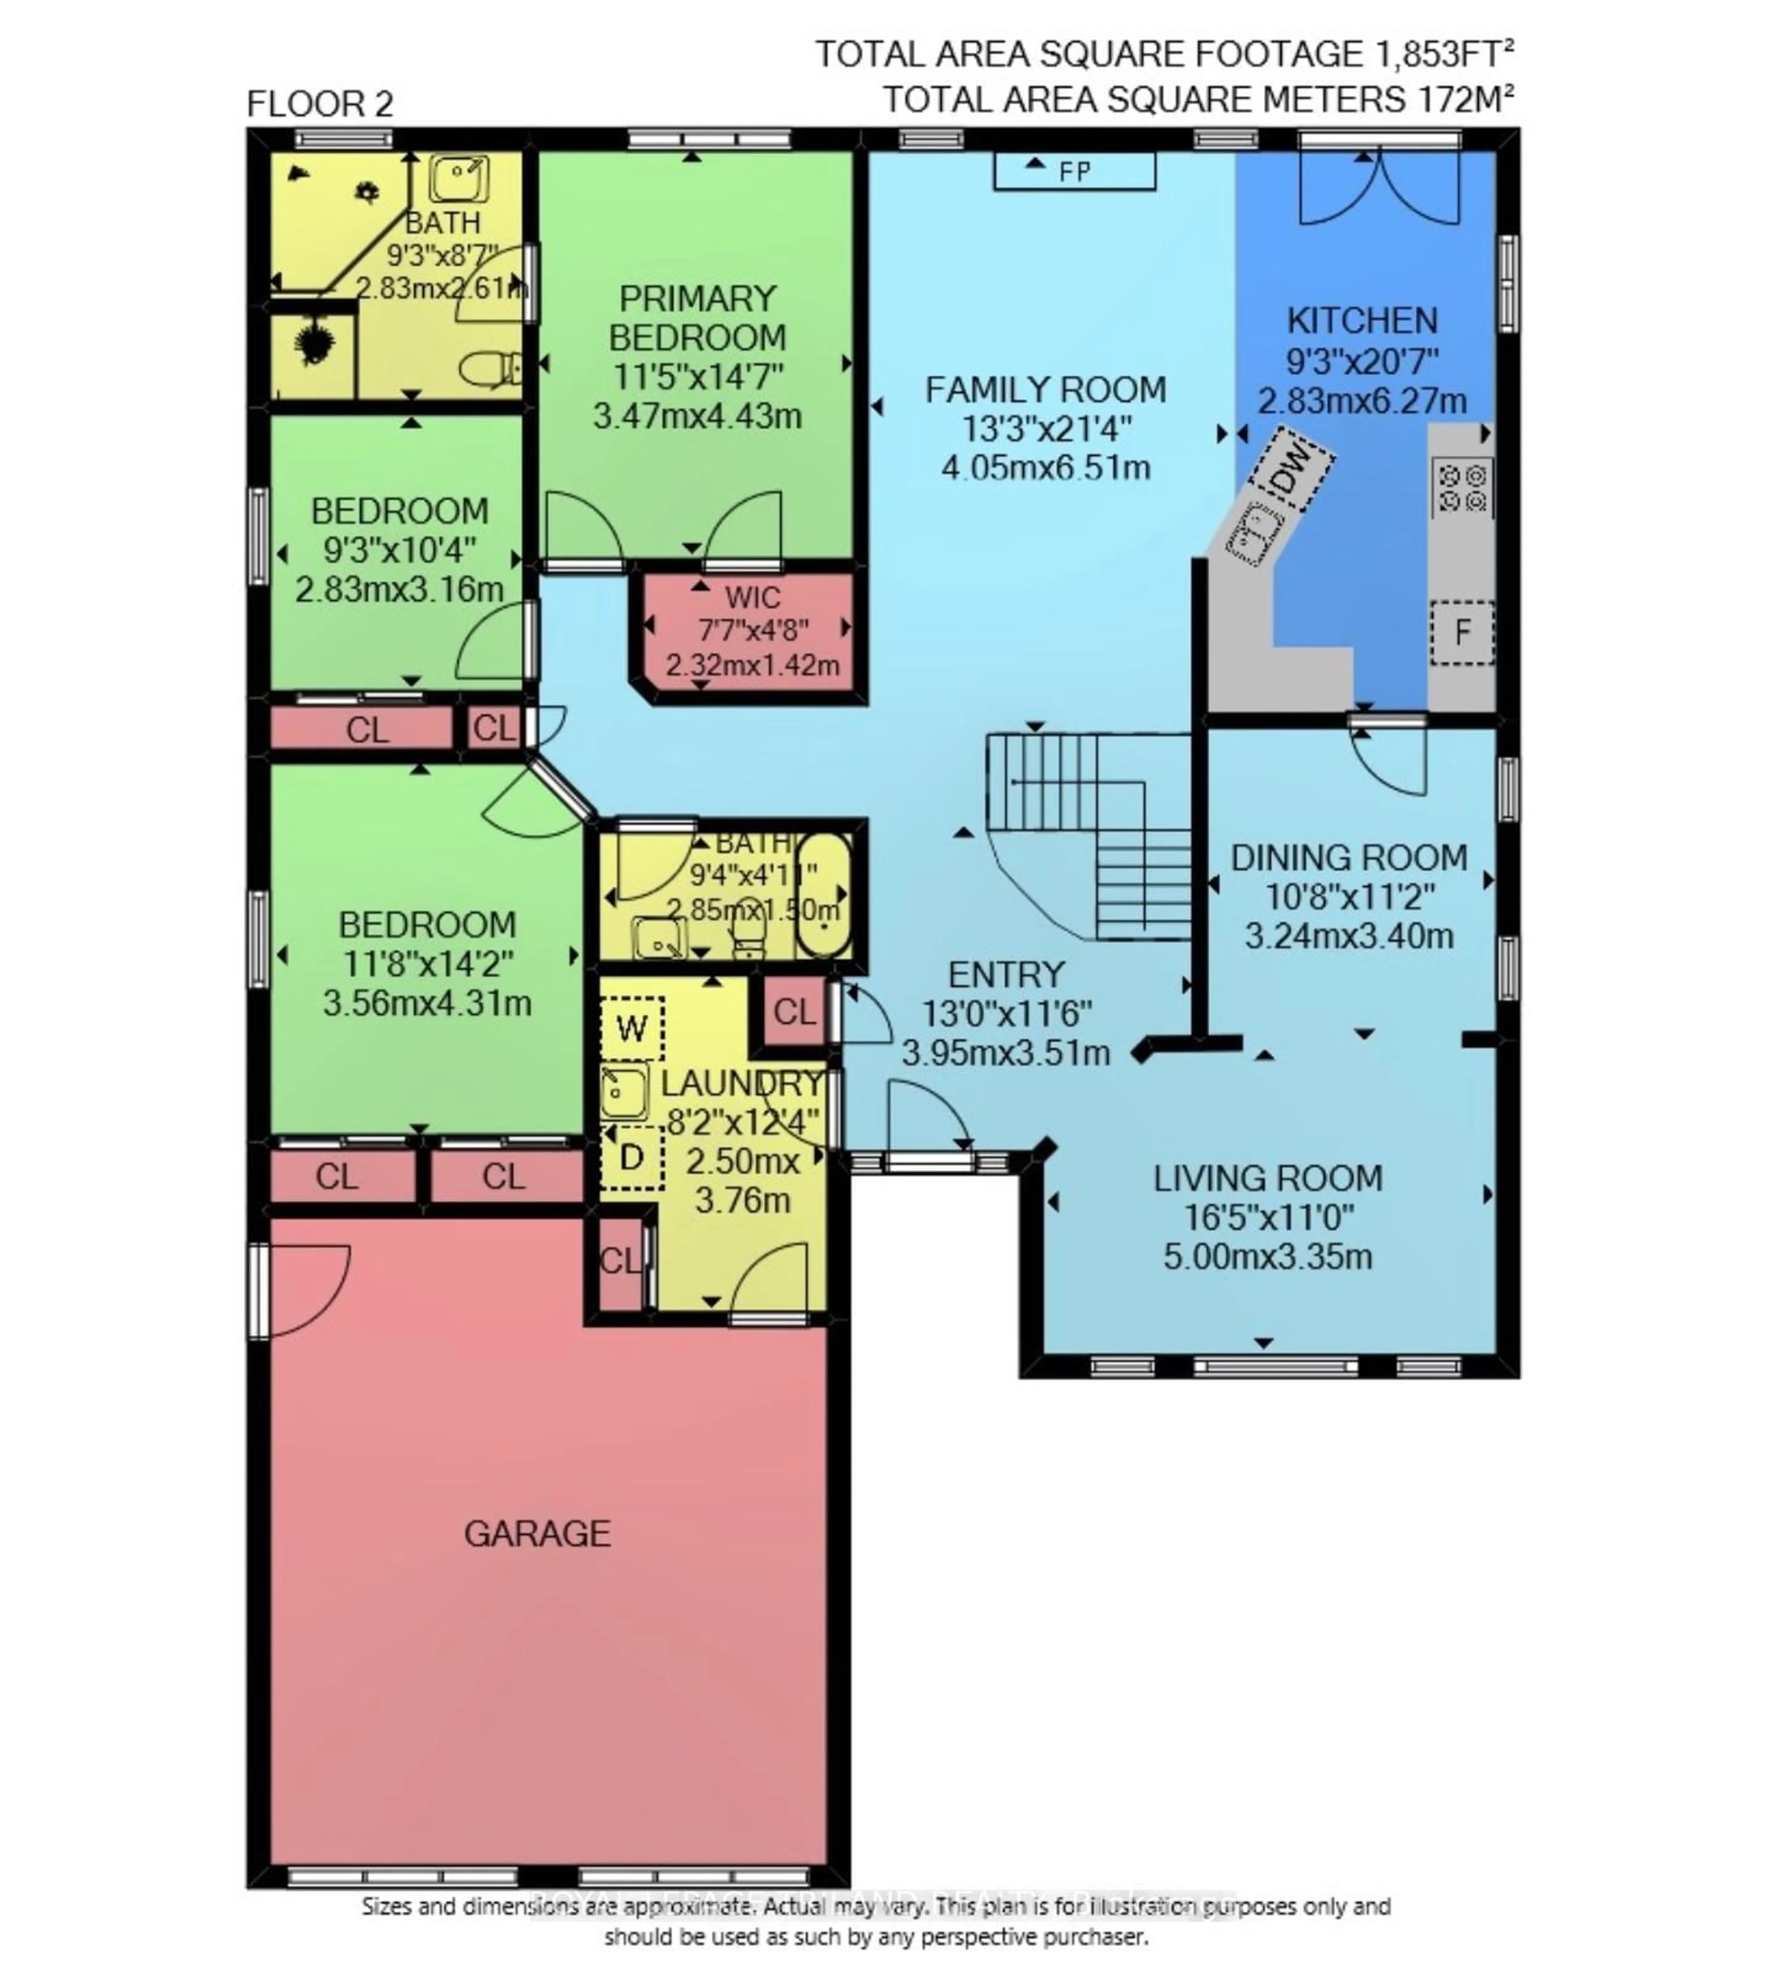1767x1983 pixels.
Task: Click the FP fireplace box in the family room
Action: tap(1074, 171)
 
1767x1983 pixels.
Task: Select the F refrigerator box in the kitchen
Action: tap(1461, 633)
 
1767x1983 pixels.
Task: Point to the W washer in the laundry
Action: tap(631, 1028)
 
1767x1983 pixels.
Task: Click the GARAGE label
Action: tap(537, 1534)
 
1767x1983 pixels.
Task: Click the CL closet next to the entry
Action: tap(793, 1012)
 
